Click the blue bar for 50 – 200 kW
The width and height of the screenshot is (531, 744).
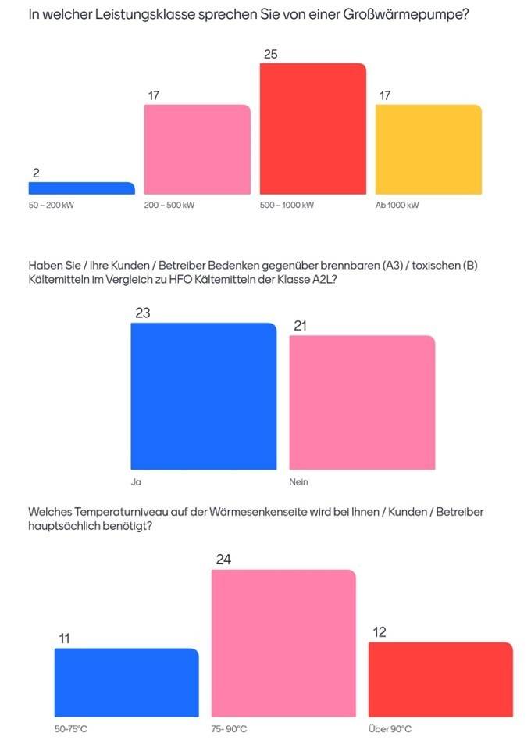(x=81, y=188)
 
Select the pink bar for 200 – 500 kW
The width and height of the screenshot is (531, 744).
(x=198, y=149)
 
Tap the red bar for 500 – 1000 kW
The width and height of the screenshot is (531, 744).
(x=312, y=129)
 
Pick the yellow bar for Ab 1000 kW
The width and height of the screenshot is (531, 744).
(x=428, y=149)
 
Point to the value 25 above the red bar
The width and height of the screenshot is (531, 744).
(x=271, y=54)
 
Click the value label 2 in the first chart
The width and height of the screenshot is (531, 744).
(x=36, y=173)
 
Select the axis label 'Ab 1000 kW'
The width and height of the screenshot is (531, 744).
(x=397, y=206)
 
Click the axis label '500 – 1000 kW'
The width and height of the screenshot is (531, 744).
(x=287, y=206)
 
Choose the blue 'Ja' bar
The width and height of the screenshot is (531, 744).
(x=203, y=396)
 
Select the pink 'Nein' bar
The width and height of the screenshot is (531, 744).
(x=362, y=402)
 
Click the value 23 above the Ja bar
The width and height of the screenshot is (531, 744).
(x=142, y=313)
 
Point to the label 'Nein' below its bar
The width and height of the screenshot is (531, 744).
(x=298, y=481)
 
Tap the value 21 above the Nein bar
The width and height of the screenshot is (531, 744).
(x=300, y=325)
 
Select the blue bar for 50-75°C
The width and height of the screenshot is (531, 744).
(x=127, y=682)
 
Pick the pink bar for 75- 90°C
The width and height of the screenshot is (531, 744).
(x=283, y=643)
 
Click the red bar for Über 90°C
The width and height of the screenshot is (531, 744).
(x=440, y=679)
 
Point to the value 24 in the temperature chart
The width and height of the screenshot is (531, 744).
(x=223, y=560)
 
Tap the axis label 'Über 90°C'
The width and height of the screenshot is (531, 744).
(x=390, y=729)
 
